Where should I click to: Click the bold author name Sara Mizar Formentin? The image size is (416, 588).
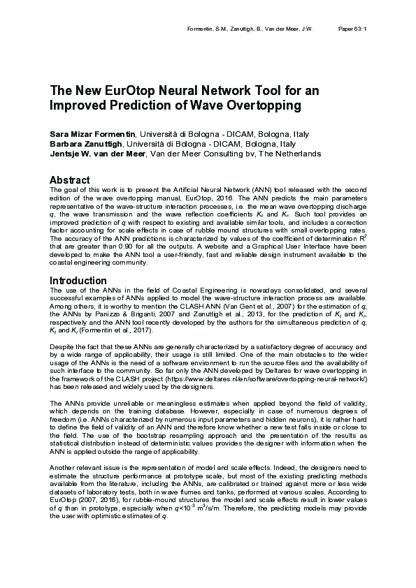pyautogui.click(x=93, y=133)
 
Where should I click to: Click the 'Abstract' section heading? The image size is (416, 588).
pyautogui.click(x=69, y=179)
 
